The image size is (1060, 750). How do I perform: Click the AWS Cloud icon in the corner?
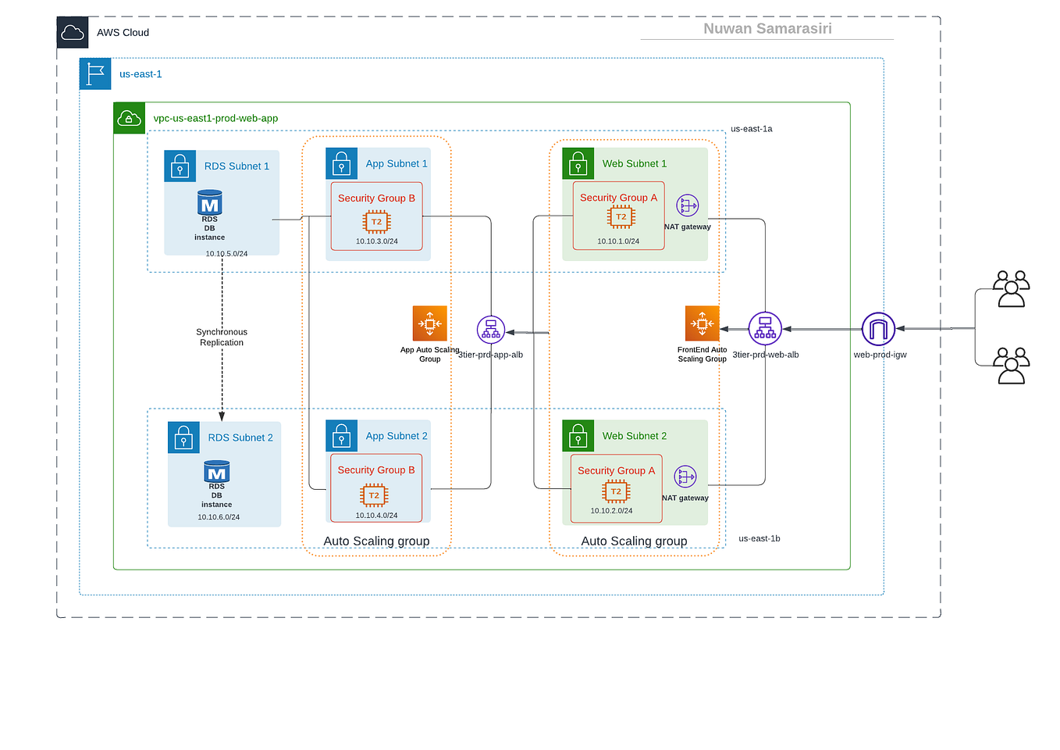(73, 33)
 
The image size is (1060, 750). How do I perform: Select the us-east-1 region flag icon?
(95, 74)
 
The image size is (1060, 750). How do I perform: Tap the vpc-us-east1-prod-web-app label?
(215, 119)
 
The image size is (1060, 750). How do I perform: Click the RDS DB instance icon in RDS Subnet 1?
(210, 203)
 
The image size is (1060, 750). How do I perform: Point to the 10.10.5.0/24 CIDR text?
(226, 254)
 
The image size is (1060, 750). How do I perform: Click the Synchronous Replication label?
(222, 337)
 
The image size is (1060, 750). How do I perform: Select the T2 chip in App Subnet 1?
(377, 222)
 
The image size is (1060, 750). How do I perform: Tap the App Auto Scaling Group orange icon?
(430, 323)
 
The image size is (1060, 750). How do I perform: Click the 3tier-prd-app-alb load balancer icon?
(491, 330)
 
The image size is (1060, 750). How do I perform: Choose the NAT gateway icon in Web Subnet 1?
(687, 205)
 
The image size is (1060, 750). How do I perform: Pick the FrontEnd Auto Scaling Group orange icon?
(702, 323)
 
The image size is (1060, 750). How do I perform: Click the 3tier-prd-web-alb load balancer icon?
(765, 329)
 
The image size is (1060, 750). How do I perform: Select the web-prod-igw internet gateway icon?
(878, 329)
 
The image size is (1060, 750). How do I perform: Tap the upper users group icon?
(1011, 289)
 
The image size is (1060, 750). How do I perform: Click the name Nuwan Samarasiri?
(767, 29)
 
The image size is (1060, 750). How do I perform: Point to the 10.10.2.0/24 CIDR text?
(611, 511)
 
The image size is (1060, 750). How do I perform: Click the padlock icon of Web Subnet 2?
(578, 436)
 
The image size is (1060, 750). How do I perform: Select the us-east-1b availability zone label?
(759, 539)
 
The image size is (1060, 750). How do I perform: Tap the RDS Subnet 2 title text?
(240, 438)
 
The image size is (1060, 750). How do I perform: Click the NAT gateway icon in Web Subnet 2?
(685, 477)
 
